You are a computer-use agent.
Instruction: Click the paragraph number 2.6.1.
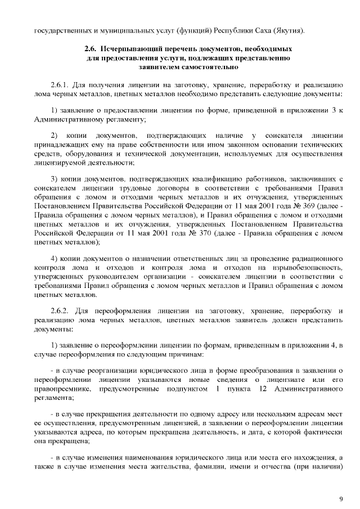point(61,84)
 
